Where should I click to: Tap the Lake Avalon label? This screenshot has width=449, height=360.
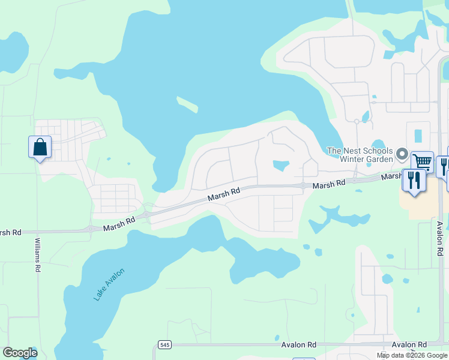click(109, 284)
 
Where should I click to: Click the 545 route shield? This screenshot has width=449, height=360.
click(164, 345)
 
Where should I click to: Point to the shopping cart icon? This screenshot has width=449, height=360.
click(423, 161)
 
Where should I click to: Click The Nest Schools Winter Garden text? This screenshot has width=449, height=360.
click(360, 155)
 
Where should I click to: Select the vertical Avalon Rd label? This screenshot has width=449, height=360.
click(439, 238)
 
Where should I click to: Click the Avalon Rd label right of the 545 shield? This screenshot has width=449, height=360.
click(298, 345)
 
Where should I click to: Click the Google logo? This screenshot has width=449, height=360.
click(20, 353)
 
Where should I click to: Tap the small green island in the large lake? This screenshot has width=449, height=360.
click(187, 104)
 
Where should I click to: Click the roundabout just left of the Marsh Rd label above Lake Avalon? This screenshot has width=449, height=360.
click(91, 229)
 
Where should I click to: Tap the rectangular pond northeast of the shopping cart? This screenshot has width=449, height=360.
click(418, 136)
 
